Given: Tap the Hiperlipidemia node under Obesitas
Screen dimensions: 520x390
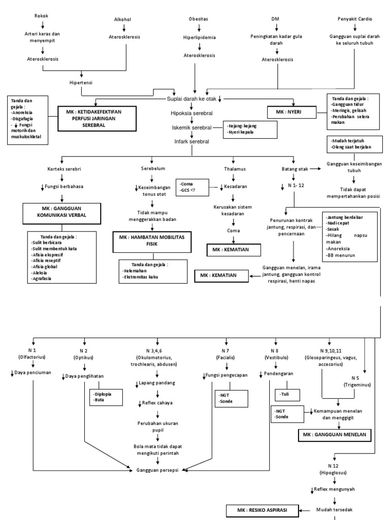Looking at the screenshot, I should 199,37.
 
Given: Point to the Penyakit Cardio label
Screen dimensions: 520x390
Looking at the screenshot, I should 355,19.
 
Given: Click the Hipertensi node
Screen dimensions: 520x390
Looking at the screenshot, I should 81,82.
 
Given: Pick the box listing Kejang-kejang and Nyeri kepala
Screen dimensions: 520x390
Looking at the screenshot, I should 249,129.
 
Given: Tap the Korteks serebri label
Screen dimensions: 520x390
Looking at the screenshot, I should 61,168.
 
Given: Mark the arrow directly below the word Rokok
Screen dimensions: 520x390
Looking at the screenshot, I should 43,24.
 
